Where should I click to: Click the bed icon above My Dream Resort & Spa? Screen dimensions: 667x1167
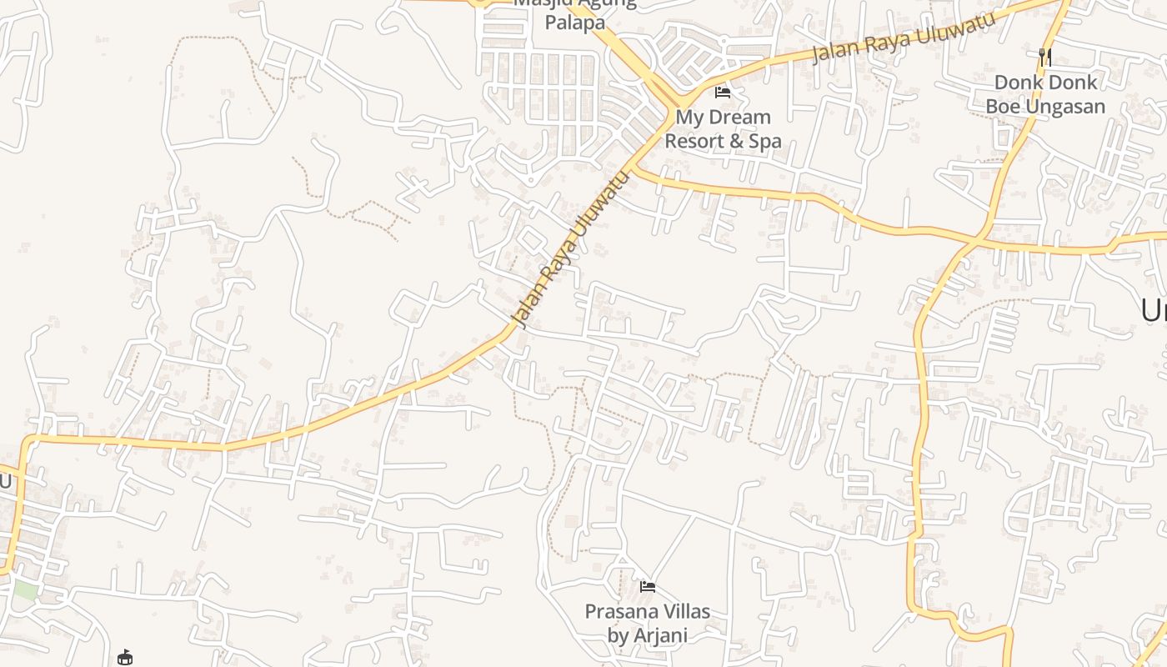723,93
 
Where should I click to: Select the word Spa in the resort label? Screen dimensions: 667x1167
767,141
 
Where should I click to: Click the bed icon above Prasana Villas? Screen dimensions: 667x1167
647,587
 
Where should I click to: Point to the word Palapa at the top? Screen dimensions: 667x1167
575,23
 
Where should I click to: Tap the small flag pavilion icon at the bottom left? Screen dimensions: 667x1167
125,658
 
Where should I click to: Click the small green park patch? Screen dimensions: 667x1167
25,589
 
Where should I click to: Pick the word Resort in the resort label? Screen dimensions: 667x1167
694,141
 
